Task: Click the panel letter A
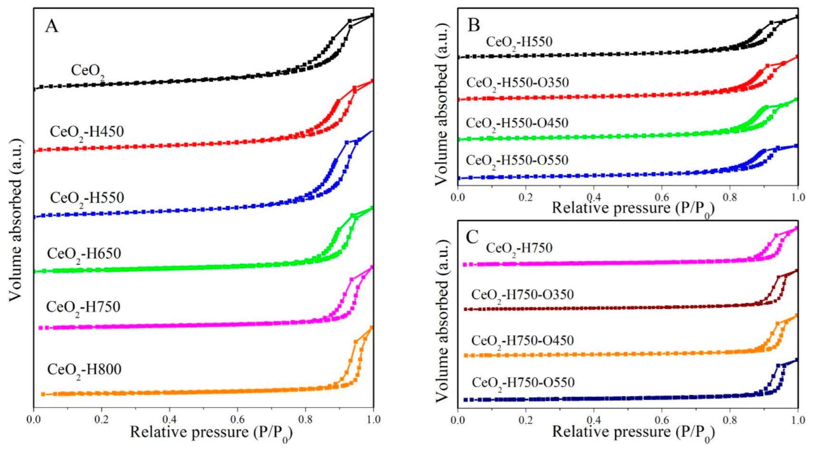click(x=51, y=26)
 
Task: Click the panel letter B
click(x=474, y=25)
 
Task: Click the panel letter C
click(x=472, y=237)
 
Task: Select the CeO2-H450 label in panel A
click(x=87, y=132)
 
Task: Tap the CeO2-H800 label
click(x=84, y=370)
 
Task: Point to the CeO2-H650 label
click(x=84, y=254)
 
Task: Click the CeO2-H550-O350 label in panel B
click(x=517, y=83)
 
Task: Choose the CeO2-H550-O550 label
click(x=517, y=161)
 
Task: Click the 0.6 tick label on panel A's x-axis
click(x=237, y=420)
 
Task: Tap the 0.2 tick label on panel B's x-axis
click(x=525, y=197)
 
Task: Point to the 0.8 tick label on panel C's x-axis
click(x=730, y=420)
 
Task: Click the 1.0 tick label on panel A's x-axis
click(x=374, y=420)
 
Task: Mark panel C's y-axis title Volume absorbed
click(x=442, y=321)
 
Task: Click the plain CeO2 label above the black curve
click(x=87, y=71)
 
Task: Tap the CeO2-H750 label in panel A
click(x=83, y=307)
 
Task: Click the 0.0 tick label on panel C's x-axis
click(x=457, y=420)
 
